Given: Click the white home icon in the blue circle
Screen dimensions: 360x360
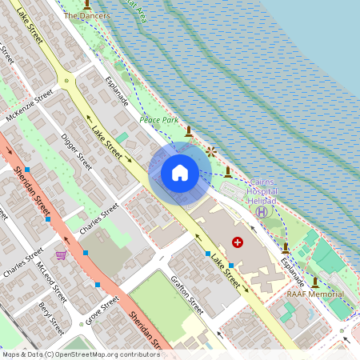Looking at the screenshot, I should (179, 173).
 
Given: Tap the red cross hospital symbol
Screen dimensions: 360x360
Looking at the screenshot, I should (238, 242).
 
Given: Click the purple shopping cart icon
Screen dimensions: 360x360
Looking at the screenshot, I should (61, 255).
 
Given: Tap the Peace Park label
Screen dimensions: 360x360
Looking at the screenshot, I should (158, 119).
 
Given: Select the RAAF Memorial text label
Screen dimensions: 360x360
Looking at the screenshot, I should (315, 294).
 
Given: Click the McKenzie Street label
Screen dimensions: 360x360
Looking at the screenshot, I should (29, 106).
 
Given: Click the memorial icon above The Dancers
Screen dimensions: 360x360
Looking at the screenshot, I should (87, 4).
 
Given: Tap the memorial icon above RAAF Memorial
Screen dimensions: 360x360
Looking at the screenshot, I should (315, 282).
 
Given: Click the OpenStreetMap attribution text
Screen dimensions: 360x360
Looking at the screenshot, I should (80, 354).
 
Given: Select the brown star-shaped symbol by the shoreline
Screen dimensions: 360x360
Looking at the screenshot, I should (211, 150).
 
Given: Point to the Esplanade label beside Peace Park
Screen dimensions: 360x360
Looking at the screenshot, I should (117, 93).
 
